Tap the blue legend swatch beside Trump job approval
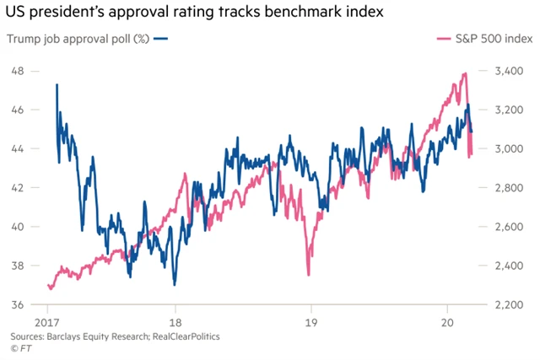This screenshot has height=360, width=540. tap(161, 39)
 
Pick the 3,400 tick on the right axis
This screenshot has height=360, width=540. tap(513, 71)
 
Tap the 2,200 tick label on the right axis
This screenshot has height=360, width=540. tap(513, 304)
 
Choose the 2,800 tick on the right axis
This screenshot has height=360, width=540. tap(513, 188)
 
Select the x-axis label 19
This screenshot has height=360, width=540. tap(311, 322)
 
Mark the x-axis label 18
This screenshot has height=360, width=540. tap(176, 322)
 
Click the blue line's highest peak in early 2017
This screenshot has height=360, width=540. tap(57, 84)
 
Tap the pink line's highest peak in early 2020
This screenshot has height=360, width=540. tap(465, 73)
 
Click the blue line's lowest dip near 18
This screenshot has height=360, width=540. tap(174, 284)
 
